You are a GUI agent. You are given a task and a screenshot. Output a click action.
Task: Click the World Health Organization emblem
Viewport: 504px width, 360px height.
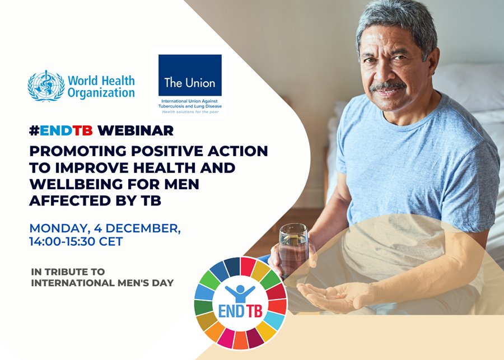tap(46, 86)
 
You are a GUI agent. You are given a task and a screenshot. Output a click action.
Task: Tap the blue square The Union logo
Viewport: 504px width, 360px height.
tap(190, 75)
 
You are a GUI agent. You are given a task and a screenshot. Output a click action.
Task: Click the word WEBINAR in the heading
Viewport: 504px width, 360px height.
tap(136, 130)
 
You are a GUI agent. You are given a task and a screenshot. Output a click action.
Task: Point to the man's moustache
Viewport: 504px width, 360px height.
tap(388, 86)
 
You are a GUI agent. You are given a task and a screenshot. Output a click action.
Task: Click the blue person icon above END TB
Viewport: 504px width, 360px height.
tap(240, 293)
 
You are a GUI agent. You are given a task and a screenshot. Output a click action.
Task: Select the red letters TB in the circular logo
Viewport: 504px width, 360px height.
tap(254, 311)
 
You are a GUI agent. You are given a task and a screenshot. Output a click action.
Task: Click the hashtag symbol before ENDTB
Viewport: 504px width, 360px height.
tap(34, 130)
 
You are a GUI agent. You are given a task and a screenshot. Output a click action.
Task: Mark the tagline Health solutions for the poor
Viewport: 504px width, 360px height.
tap(190, 112)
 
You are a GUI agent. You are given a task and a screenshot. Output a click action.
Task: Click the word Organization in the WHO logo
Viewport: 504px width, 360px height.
tap(101, 93)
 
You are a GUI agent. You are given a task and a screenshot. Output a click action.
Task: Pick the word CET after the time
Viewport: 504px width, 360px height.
tap(111, 241)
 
